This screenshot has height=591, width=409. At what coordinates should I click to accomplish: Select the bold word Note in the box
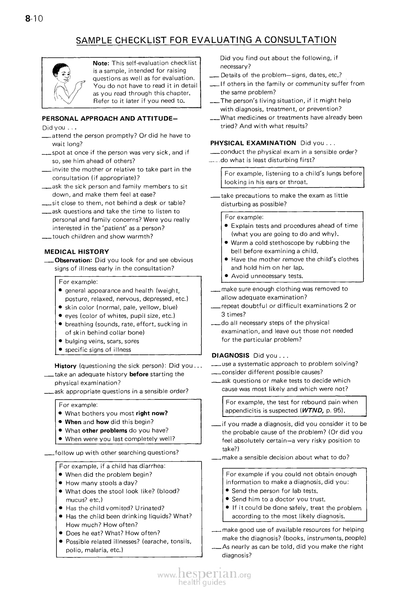coord(101,63)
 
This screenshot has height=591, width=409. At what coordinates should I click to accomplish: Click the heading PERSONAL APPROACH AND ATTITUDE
coord(110,119)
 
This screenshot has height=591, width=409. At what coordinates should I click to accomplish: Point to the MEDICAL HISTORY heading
coord(77,251)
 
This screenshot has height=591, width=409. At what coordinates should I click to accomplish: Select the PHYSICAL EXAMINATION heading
coord(253,143)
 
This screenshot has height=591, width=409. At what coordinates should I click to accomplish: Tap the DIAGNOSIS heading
coord(231,355)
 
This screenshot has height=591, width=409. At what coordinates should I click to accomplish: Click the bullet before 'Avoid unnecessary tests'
coord(227,276)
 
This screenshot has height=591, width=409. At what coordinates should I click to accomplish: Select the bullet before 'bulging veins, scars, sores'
coord(60,341)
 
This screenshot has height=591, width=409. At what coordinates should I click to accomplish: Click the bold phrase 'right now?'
coord(152,413)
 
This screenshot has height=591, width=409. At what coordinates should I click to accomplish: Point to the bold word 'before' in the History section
coord(139,374)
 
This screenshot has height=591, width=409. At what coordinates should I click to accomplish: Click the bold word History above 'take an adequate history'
coord(65,366)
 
